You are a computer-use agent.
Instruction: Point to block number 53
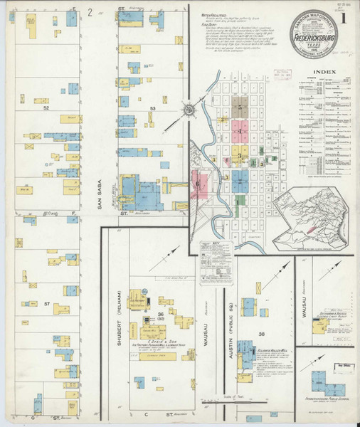click(x=152, y=108)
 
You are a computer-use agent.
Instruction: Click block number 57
click(x=46, y=304)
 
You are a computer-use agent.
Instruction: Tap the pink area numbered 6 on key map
click(x=198, y=184)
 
